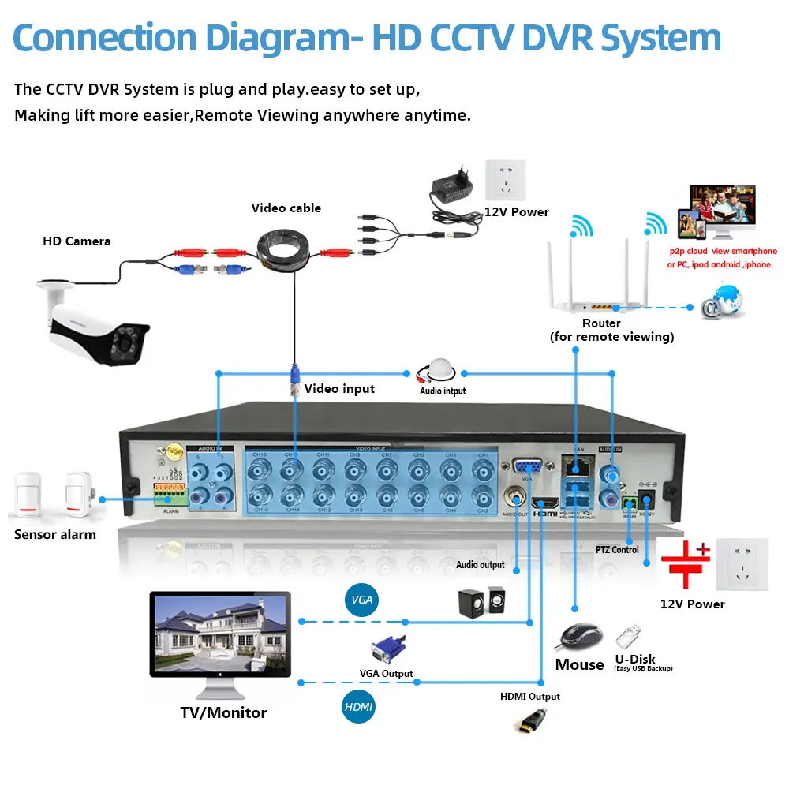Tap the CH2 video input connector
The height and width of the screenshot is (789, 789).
click(x=483, y=498)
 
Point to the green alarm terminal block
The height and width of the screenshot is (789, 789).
click(x=170, y=495)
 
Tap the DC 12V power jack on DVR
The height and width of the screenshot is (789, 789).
click(x=648, y=498)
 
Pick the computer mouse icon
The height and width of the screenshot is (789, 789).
click(x=581, y=634)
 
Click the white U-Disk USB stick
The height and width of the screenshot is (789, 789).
click(x=629, y=635)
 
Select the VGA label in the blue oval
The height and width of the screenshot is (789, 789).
click(x=361, y=600)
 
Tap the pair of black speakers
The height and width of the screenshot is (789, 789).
click(x=481, y=602)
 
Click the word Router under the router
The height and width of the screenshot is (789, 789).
click(x=601, y=323)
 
